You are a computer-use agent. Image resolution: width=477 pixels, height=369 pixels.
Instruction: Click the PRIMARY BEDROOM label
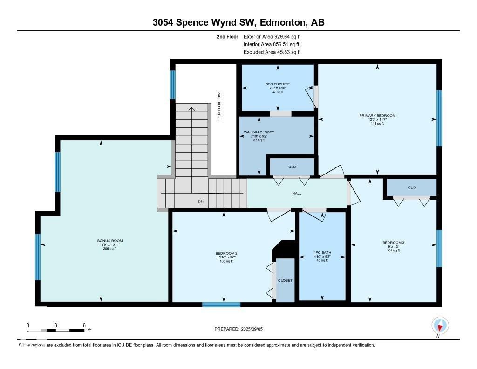pyautogui.click(x=377, y=115)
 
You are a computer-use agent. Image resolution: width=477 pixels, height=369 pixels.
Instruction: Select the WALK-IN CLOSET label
pyautogui.click(x=259, y=132)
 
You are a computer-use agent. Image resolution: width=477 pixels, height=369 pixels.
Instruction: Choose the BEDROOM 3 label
pyautogui.click(x=393, y=243)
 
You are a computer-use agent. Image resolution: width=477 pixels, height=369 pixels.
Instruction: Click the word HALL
pyautogui.click(x=297, y=193)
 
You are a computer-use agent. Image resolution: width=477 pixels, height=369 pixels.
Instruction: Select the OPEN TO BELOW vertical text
pyautogui.click(x=219, y=108)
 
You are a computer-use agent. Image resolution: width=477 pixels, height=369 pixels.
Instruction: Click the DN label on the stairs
pyautogui.click(x=201, y=202)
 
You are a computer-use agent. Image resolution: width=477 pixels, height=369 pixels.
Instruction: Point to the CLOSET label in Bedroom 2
pyautogui.click(x=285, y=280)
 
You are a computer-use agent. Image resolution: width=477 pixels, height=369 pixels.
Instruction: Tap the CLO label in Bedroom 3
pyautogui.click(x=411, y=188)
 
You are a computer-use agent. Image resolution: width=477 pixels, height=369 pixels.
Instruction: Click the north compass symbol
pyautogui.click(x=440, y=325)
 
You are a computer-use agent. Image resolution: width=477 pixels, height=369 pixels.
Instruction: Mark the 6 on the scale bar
pyautogui.click(x=84, y=325)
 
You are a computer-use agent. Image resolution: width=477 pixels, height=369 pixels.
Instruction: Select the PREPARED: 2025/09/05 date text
pyautogui.click(x=242, y=329)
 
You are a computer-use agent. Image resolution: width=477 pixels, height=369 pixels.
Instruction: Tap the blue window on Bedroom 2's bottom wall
pyautogui.click(x=221, y=305)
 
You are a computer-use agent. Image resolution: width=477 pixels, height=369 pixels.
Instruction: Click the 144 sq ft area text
pyautogui.click(x=377, y=124)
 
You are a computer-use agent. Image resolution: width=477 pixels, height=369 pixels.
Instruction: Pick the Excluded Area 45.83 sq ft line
pyautogui.click(x=272, y=52)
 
